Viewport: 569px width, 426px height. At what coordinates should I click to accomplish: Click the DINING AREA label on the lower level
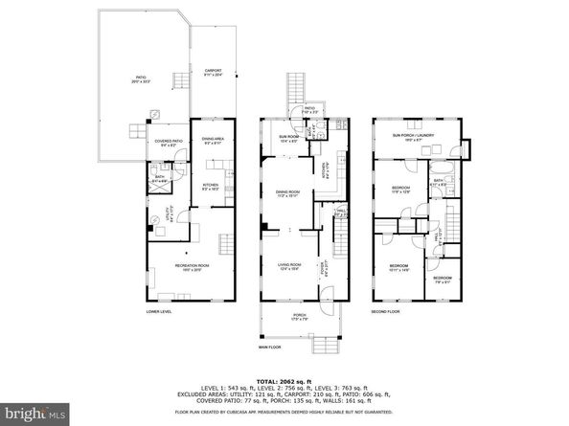pos(213,141)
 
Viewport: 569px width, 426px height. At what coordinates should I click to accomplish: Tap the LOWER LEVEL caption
pos(158,313)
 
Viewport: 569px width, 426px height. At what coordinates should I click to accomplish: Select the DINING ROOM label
pos(288,194)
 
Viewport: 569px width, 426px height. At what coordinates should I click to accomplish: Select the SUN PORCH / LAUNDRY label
pos(413,136)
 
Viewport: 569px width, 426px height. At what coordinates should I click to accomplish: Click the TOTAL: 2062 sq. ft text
pos(284,381)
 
